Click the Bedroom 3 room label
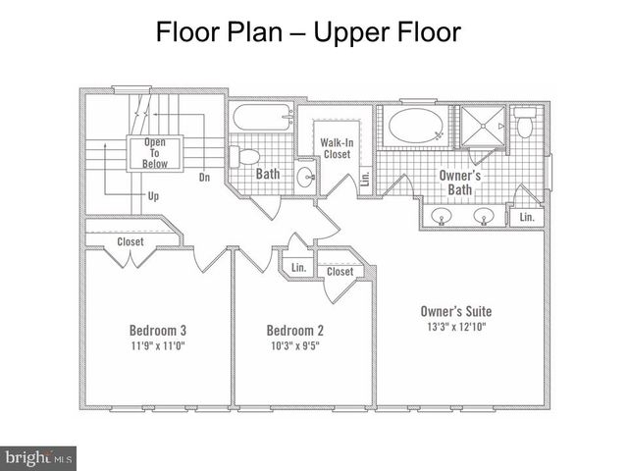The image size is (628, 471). pos(158,331)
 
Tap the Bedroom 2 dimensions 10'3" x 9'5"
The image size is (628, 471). pos(295,345)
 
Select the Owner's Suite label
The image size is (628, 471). pos(456,311)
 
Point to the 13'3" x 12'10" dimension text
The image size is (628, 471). pos(456,327)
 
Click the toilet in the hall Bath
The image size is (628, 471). pos(244,156)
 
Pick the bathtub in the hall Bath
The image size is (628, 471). pos(263,118)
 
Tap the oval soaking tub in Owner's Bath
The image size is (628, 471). pos(416,126)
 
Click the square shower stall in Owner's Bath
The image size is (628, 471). pos(483,126)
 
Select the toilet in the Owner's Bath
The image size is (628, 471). pos(524,123)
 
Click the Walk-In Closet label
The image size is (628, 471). pos(337,148)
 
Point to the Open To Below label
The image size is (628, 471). pos(155,153)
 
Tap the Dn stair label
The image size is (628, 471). pos(205,177)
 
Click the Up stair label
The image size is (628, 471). pos(153,196)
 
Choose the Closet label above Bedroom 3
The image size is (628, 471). pos(131,241)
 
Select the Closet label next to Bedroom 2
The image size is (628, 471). pos(340,272)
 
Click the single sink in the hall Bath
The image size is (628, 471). pos(307,177)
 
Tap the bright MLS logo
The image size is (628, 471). pos(38,458)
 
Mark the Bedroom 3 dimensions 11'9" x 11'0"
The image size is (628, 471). pos(158,345)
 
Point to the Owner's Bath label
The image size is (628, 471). pos(460,183)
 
